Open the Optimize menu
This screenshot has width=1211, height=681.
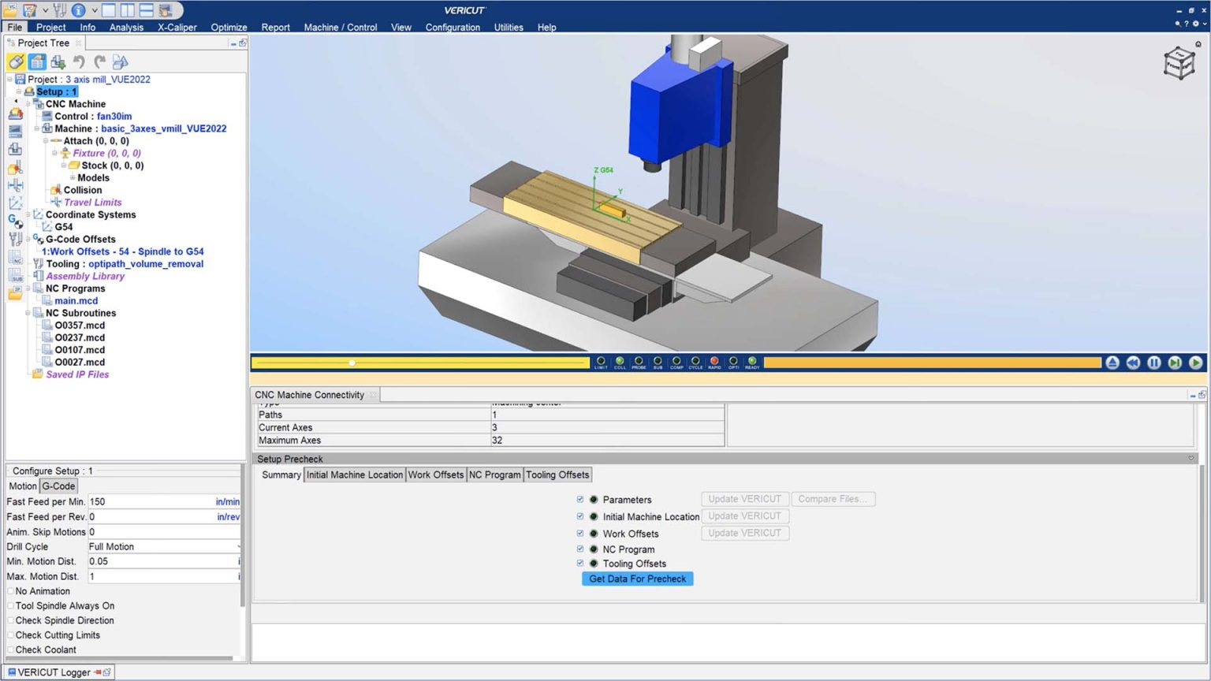[x=229, y=28]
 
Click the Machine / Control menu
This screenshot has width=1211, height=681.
[x=341, y=28]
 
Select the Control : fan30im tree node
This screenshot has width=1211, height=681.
[x=93, y=117]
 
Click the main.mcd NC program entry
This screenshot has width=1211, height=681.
[x=76, y=301]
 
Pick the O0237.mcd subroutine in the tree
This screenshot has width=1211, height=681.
[x=80, y=337]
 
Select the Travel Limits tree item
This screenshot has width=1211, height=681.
[x=92, y=203]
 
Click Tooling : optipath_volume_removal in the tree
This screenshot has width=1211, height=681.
[x=125, y=264]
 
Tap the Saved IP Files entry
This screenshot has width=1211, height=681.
[x=77, y=374]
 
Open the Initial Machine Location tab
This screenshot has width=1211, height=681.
[x=354, y=475]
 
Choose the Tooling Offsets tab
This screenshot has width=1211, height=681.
[x=557, y=475]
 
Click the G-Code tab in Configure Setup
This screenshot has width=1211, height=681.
[x=58, y=486]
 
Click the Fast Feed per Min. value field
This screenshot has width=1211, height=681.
[x=150, y=502]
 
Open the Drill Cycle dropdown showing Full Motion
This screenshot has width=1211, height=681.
[x=163, y=547]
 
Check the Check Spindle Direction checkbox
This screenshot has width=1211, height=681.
[x=11, y=621]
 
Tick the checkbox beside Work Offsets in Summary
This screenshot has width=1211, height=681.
[x=580, y=534]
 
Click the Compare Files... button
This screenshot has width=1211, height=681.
[x=832, y=499]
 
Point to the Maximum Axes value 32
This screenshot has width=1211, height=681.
[x=497, y=441]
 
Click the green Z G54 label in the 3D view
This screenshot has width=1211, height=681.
[x=602, y=170]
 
